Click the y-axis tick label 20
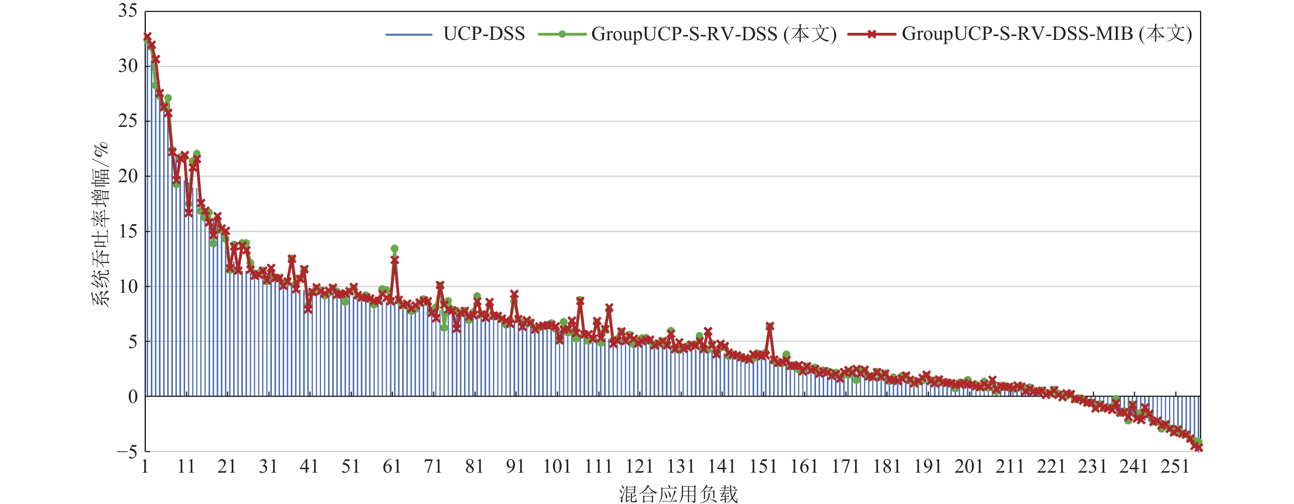coord(128,176)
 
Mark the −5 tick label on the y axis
coord(126,452)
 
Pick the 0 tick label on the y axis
coord(133,396)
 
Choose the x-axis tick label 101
coord(557,467)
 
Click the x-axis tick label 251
coord(1175,467)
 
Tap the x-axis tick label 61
coord(392,467)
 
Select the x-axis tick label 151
coord(763,467)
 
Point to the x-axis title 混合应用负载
coord(678,494)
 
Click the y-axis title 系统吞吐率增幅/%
coord(100,224)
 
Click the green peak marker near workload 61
coord(394,249)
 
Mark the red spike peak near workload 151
coord(770,326)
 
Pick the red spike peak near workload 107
coord(580,301)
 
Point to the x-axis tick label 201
coord(968,467)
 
